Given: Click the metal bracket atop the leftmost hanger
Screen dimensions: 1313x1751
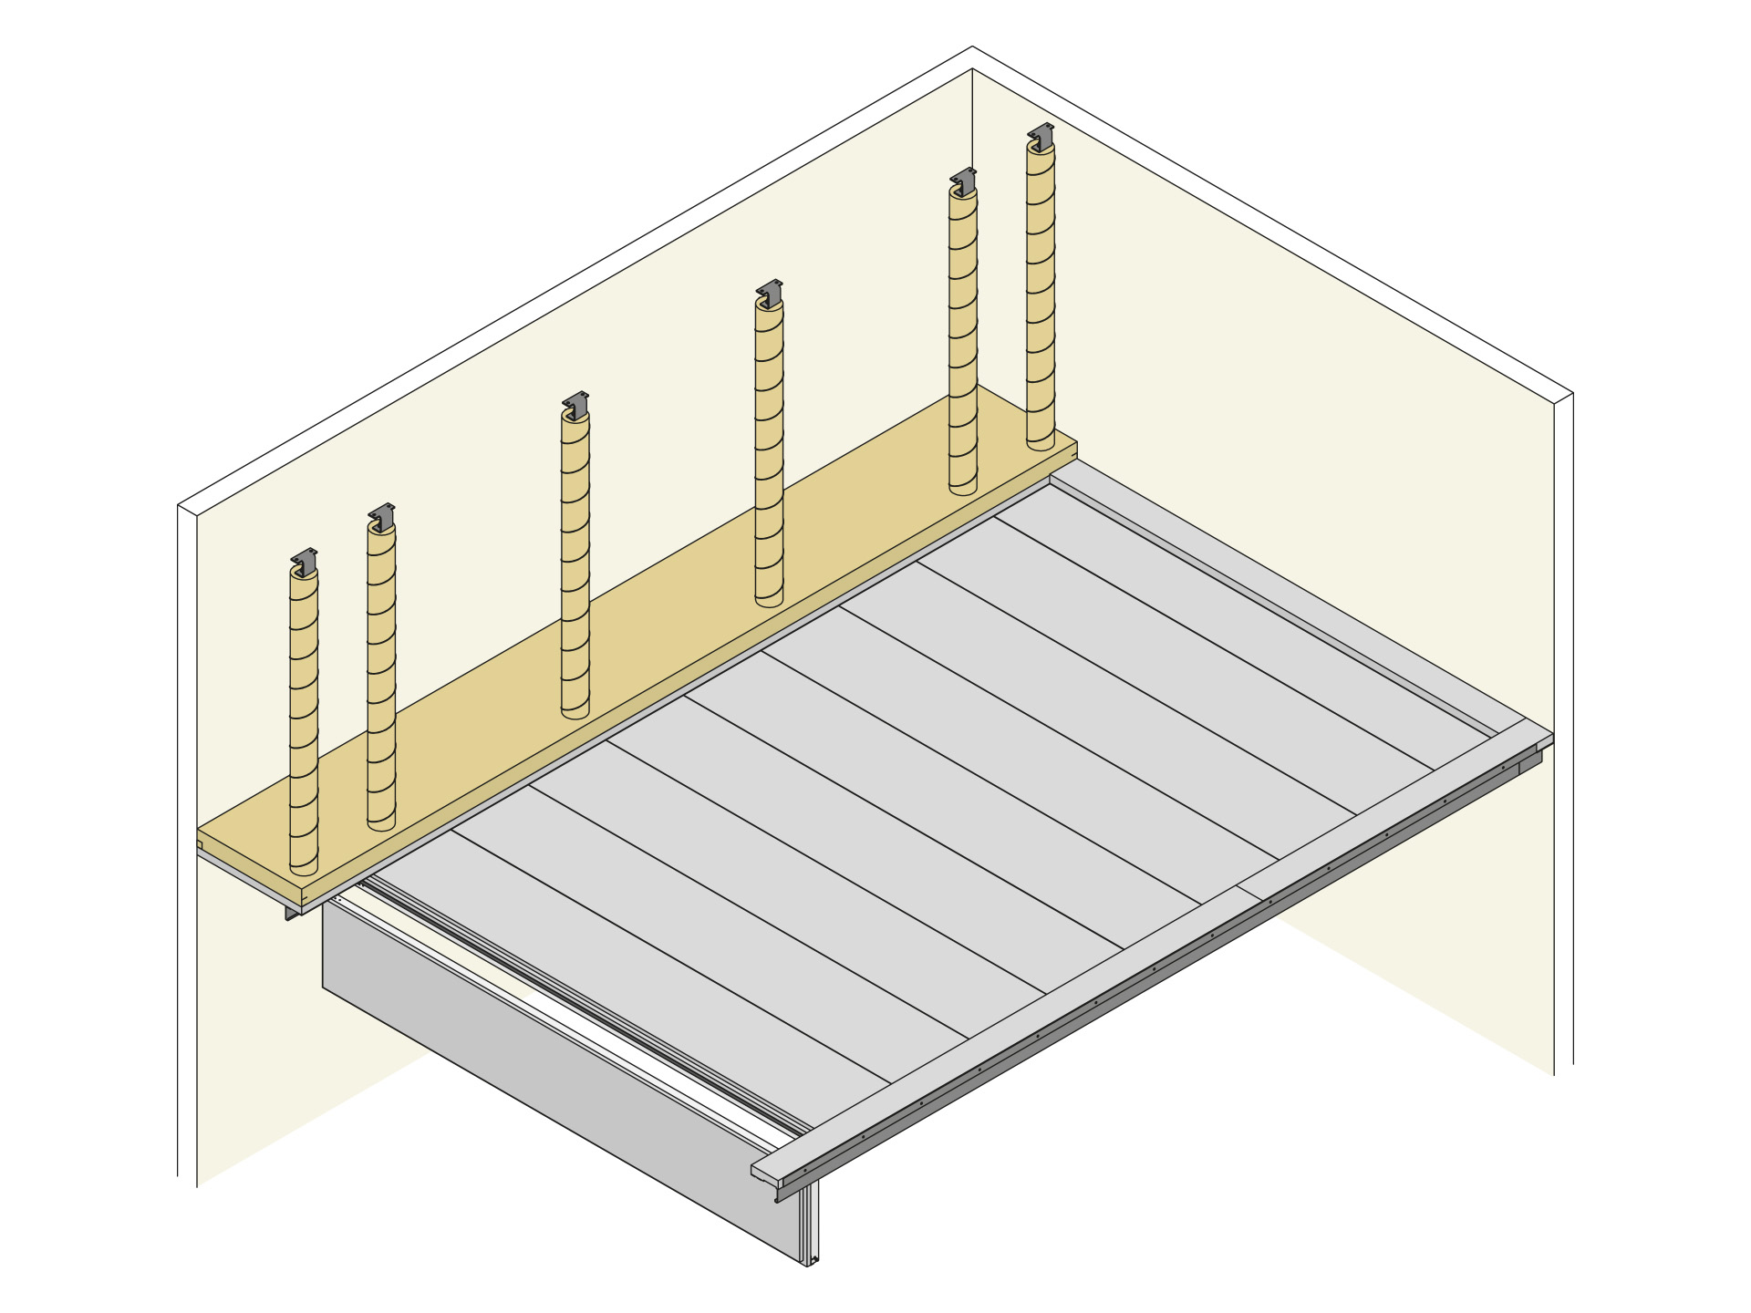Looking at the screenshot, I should [x=305, y=559].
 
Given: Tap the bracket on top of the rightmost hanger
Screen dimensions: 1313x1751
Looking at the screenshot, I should [x=1041, y=134].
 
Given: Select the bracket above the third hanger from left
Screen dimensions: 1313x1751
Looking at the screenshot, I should [x=575, y=403].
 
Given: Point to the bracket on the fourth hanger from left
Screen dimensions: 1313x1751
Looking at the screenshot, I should [x=770, y=292].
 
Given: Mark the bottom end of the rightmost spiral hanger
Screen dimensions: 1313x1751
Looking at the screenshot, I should [x=1041, y=443].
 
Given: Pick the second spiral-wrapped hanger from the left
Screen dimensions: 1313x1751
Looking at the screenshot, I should [x=381, y=675].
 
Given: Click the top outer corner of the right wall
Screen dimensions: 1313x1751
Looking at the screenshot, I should [x=1571, y=394].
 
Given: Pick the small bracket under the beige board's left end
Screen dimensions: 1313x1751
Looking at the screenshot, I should [x=291, y=912].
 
